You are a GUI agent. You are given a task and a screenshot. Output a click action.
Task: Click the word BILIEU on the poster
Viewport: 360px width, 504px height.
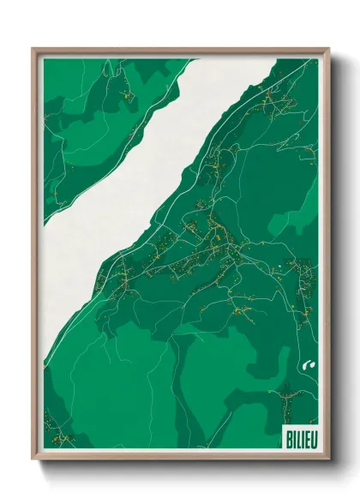point(297,437)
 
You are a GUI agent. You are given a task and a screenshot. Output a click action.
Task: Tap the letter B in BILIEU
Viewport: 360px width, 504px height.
point(286,437)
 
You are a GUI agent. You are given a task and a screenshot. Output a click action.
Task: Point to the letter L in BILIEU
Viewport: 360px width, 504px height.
point(295,437)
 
